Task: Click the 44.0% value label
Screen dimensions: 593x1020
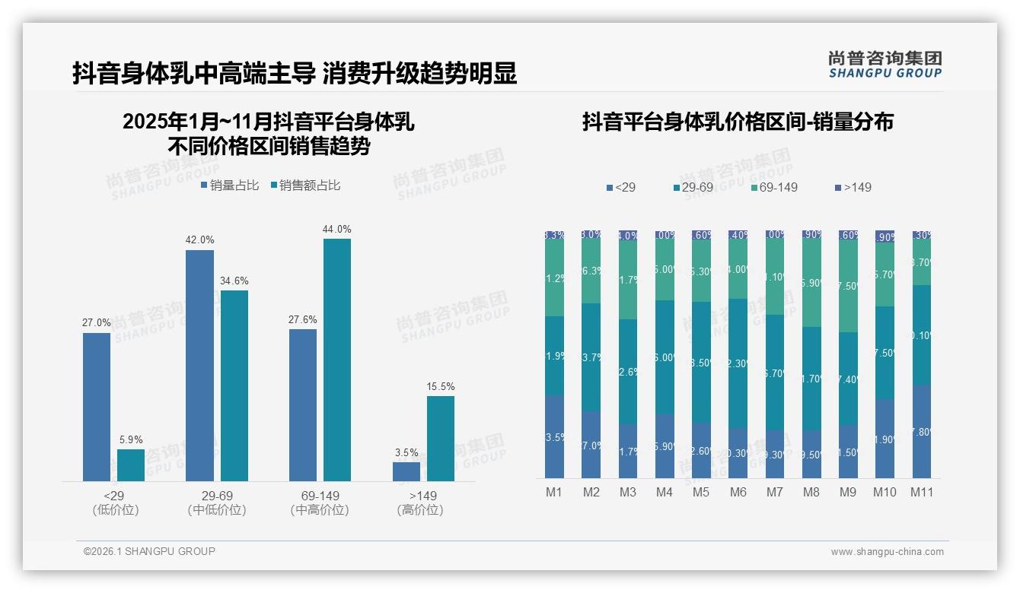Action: [336, 229]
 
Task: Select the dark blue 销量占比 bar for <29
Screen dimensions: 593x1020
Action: [97, 407]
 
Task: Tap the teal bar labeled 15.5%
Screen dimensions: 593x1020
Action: [440, 439]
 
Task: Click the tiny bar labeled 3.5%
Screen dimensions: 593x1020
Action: [406, 471]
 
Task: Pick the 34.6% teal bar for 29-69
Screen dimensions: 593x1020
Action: [234, 385]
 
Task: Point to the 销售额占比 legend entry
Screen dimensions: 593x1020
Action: [305, 186]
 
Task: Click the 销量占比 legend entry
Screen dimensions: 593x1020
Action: [230, 186]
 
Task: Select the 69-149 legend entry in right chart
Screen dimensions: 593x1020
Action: [774, 187]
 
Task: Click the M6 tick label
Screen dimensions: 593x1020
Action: [738, 492]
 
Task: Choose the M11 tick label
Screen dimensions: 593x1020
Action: [921, 492]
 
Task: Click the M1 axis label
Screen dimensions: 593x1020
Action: [553, 492]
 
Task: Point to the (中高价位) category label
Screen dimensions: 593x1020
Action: [320, 510]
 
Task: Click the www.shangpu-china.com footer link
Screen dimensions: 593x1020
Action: [887, 552]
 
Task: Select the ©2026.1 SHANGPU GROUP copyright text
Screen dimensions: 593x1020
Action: [149, 551]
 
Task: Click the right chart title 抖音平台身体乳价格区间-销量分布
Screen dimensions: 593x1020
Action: [738, 122]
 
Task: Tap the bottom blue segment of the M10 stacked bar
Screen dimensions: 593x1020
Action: [885, 439]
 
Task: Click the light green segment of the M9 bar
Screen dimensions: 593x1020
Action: [848, 286]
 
